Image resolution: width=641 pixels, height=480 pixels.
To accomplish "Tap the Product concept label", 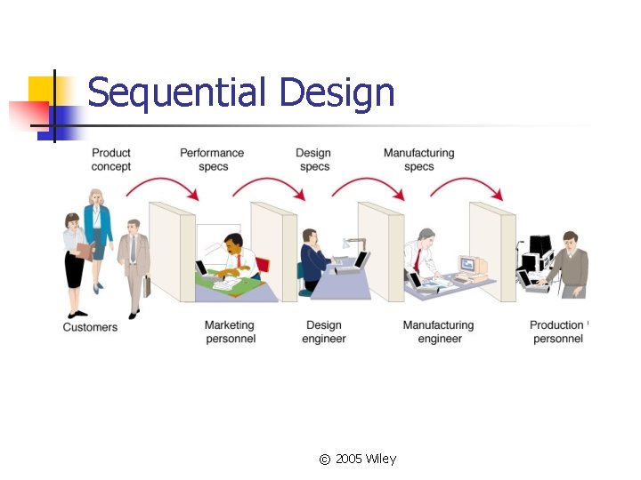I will click(x=111, y=160).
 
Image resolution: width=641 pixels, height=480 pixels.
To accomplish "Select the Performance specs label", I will click(x=212, y=160).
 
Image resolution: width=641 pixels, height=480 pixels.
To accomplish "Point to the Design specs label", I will click(x=314, y=160).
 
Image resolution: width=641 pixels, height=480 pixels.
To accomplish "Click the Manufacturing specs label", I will click(x=418, y=160).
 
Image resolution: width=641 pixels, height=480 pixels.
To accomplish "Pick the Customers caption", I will click(x=90, y=327).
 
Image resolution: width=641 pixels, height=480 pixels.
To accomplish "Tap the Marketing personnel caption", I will click(x=230, y=332).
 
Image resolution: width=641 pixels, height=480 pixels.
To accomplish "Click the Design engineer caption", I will click(x=324, y=332).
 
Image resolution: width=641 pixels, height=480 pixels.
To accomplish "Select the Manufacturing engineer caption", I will click(x=438, y=332).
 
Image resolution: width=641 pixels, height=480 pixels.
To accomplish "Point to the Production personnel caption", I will click(x=557, y=332).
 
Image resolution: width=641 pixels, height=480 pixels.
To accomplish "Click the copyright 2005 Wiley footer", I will click(x=357, y=459).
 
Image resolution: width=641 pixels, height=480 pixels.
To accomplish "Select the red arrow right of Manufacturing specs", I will click(x=472, y=185).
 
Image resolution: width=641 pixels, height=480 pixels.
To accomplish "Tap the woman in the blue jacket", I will click(x=97, y=227).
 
